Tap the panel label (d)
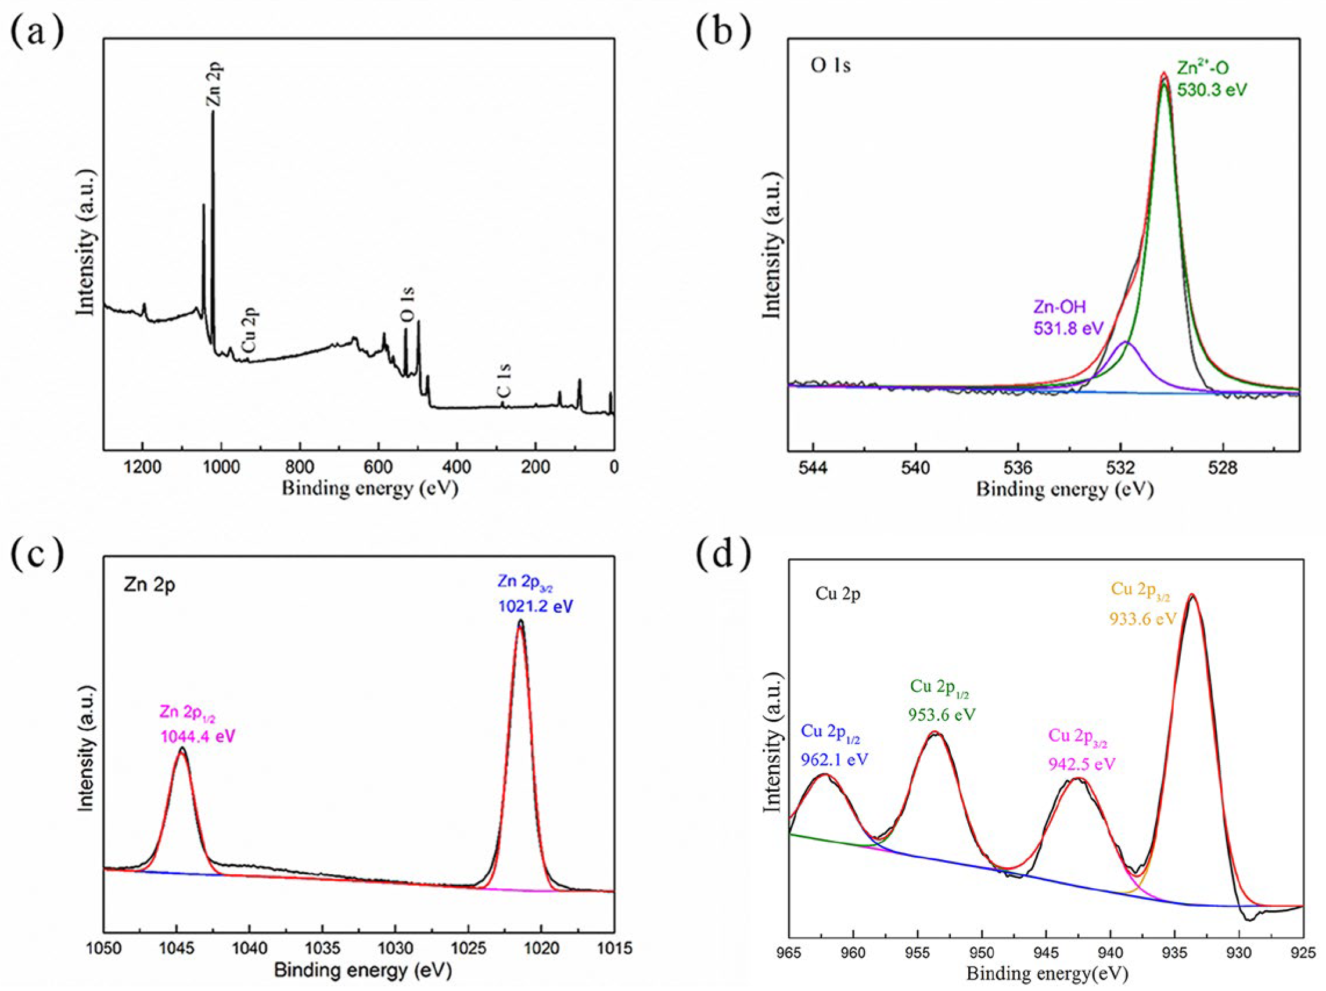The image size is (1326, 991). (723, 554)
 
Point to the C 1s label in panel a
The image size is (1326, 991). (505, 381)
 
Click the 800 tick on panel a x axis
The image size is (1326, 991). (300, 467)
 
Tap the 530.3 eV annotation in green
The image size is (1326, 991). (1212, 90)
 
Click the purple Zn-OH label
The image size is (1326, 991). (1059, 307)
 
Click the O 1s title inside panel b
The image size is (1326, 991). (830, 65)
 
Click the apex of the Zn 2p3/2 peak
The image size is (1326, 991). (520, 621)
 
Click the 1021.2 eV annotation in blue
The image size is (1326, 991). (536, 606)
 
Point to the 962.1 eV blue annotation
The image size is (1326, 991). (835, 760)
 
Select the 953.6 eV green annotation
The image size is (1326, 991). (942, 714)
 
